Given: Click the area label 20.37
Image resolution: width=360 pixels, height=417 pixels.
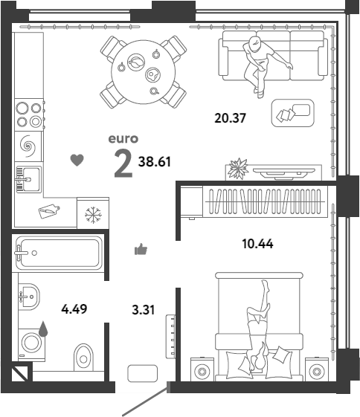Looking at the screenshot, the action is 230,117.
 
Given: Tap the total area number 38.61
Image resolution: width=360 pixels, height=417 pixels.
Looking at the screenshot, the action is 154,161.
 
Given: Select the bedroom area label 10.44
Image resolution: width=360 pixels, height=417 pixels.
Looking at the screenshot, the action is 257,244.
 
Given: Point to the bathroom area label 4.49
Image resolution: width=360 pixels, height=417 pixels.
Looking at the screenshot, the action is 74,309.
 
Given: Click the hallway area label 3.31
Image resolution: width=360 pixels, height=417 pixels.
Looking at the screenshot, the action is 143,310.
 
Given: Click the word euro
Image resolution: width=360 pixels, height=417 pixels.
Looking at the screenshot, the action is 123,138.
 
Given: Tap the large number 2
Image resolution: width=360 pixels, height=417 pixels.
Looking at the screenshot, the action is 123,163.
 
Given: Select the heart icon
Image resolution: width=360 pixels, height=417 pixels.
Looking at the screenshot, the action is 77,160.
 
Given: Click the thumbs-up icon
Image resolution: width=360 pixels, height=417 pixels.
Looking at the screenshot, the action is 141,249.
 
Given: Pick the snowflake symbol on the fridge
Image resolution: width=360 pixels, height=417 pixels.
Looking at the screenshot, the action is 93,215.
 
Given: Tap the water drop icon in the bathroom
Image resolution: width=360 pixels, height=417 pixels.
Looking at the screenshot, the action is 43,329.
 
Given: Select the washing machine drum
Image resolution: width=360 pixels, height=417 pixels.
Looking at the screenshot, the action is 31,342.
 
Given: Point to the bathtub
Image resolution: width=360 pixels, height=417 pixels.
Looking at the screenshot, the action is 59,253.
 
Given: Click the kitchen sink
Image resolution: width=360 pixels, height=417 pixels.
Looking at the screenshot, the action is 28,179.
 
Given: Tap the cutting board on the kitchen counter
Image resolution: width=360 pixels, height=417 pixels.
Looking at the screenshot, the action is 49,211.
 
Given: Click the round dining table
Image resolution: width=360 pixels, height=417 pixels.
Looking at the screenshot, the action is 144,72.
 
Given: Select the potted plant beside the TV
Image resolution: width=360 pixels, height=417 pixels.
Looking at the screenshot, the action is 238,169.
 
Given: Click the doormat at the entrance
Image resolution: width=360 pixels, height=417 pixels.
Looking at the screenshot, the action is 142,373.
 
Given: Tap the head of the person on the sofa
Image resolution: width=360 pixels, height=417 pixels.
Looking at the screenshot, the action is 255,44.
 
